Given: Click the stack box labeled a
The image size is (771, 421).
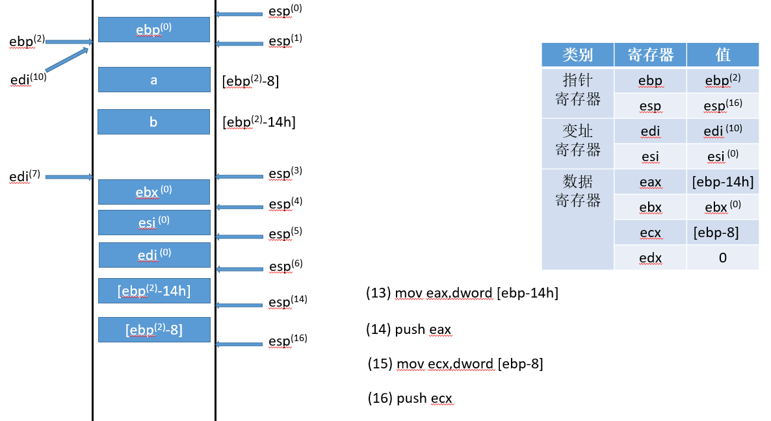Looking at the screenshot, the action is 154,80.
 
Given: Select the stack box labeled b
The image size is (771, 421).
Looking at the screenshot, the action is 153,122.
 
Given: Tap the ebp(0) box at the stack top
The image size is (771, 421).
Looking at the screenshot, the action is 154,29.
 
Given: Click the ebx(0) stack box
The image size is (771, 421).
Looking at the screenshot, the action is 154,192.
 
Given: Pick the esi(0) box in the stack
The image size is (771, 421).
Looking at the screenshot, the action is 154,222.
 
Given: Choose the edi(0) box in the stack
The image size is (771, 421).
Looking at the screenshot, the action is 154,255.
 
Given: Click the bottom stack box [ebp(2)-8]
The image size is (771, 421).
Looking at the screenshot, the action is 154,329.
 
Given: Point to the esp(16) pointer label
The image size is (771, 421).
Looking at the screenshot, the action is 287,341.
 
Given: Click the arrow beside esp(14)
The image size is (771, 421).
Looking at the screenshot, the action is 239,305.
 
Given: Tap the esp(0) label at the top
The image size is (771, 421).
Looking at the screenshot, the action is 285,11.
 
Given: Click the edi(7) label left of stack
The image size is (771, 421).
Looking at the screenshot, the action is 25,176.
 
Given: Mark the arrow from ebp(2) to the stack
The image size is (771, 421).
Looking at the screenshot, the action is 70,42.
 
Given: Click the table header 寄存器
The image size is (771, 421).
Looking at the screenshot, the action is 650,55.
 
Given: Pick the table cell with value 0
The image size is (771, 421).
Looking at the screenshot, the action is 722,258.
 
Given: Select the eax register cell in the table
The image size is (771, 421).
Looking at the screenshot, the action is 650,183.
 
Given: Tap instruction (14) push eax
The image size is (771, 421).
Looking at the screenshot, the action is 409,330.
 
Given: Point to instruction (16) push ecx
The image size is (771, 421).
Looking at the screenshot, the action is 410,398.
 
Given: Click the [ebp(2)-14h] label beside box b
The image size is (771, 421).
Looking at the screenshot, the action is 259,121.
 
